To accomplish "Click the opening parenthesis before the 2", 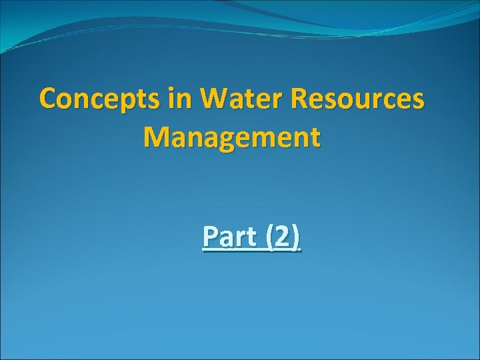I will (270, 237).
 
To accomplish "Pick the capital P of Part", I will (210, 237).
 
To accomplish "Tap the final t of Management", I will (315, 137).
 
